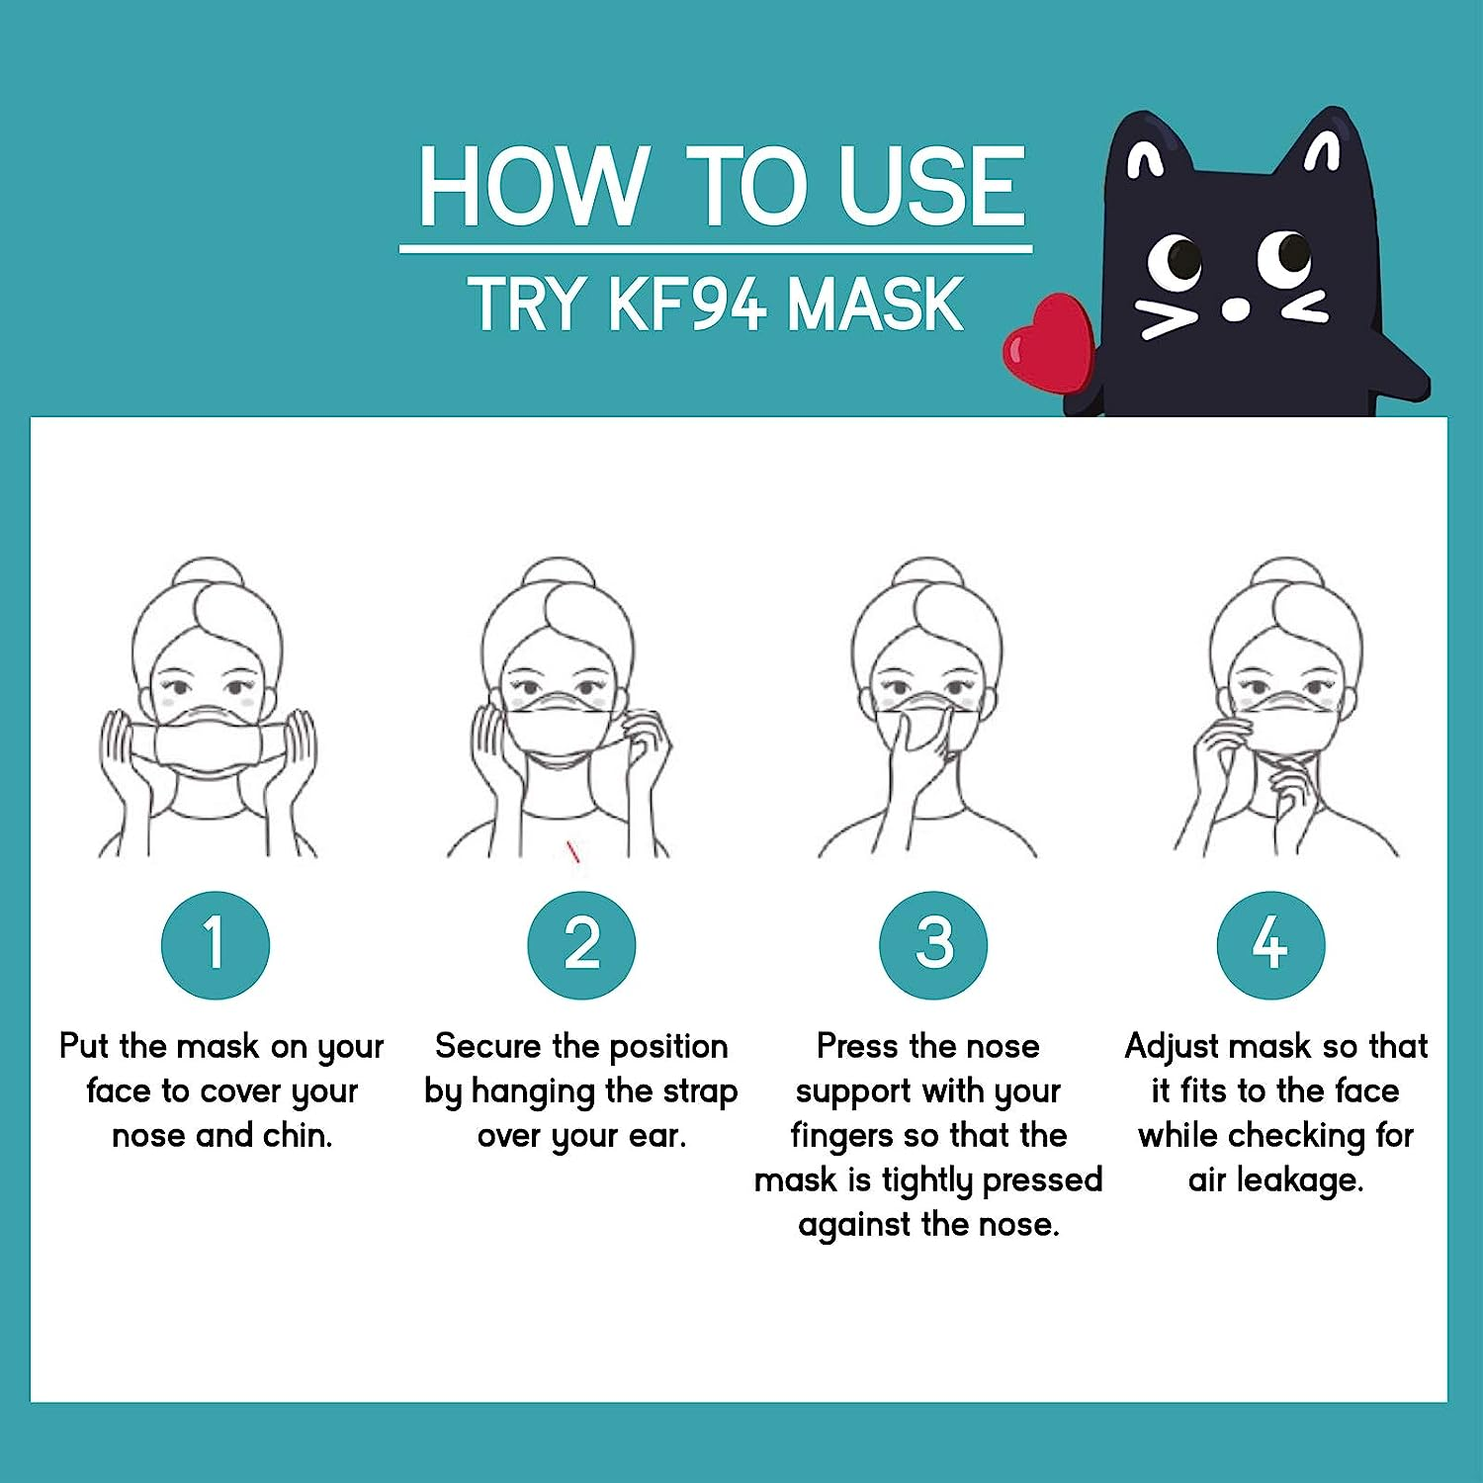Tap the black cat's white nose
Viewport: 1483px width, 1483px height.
[x=1235, y=309]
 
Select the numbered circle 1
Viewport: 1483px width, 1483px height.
[x=215, y=944]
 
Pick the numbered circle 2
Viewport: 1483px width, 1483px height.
[x=581, y=944]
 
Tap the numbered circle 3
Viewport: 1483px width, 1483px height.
[x=932, y=944]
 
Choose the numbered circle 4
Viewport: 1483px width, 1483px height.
[x=1270, y=944]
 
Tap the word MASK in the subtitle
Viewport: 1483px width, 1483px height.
[x=874, y=304]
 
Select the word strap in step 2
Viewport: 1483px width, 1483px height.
[x=700, y=1090]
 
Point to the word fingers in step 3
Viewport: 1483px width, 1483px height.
[x=840, y=1136]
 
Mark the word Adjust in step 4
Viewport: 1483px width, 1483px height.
[x=1171, y=1046]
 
